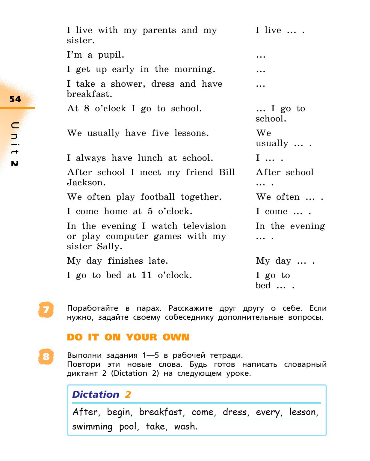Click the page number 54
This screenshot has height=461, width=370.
(x=15, y=99)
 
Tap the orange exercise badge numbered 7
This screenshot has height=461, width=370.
(x=46, y=310)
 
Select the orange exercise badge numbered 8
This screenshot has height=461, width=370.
(x=46, y=356)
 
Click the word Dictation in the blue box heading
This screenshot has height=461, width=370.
(x=96, y=394)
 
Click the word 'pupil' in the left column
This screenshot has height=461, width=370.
(x=111, y=55)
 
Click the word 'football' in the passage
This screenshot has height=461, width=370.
(x=158, y=197)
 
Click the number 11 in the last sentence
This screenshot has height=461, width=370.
(x=147, y=275)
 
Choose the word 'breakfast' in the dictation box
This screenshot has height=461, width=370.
(x=161, y=412)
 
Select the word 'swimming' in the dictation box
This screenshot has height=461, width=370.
(x=92, y=427)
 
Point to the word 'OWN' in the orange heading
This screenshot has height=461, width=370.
(x=176, y=337)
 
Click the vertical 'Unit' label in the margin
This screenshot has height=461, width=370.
(x=15, y=138)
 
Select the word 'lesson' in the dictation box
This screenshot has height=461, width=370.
(x=303, y=412)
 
